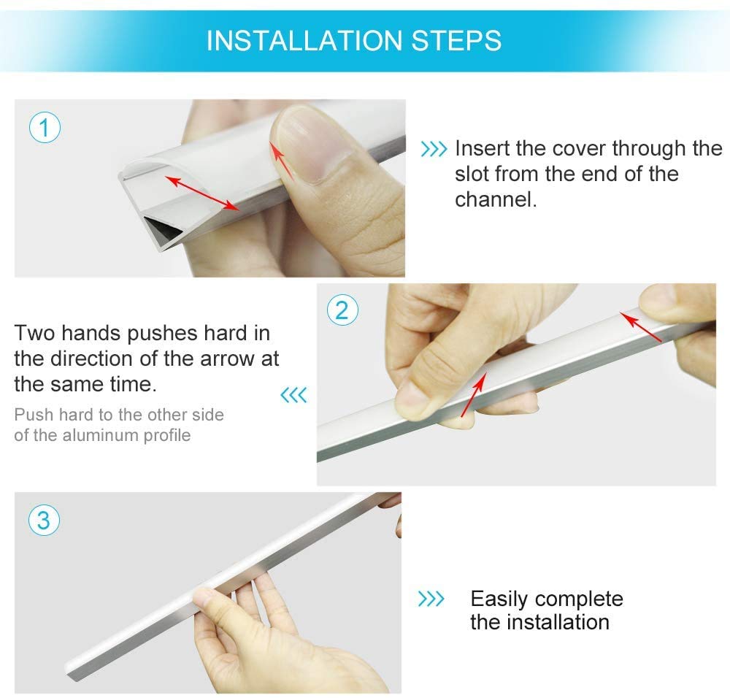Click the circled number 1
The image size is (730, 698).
(x=45, y=128)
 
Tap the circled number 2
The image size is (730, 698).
(x=342, y=310)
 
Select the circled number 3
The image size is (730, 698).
(x=44, y=520)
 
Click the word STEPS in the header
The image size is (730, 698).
(x=457, y=40)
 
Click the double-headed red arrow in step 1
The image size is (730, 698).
(x=202, y=193)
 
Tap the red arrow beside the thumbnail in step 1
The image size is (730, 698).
(x=281, y=160)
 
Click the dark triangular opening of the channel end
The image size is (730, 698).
(x=160, y=227)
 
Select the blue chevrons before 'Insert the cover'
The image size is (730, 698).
(x=434, y=150)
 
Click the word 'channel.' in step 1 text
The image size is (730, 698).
(x=496, y=200)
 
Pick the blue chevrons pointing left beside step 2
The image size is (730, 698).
(x=293, y=395)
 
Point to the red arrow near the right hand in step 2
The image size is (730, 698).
(x=641, y=327)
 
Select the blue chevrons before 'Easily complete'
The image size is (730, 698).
(x=431, y=599)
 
